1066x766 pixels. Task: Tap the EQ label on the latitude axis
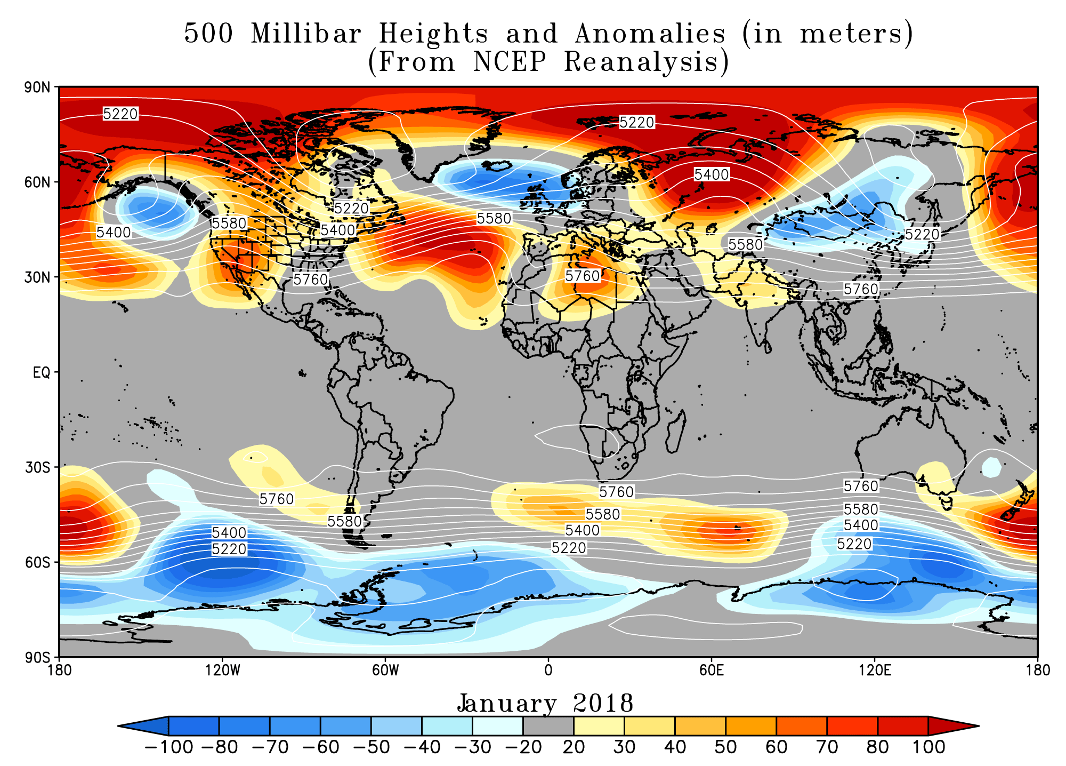pyautogui.click(x=42, y=372)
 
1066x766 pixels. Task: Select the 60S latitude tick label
pyautogui.click(x=37, y=563)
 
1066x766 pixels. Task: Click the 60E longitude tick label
pyautogui.click(x=711, y=670)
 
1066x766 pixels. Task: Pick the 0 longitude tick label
pyautogui.click(x=548, y=670)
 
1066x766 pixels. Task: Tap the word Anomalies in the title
pyautogui.click(x=650, y=34)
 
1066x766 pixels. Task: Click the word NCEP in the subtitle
pyautogui.click(x=510, y=62)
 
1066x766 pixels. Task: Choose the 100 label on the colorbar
pyautogui.click(x=928, y=747)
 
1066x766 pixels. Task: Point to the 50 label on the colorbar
pyautogui.click(x=725, y=747)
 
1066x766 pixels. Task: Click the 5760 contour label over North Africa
pyautogui.click(x=583, y=276)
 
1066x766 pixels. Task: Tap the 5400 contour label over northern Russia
pyautogui.click(x=711, y=174)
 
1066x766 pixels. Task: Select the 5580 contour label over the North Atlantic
pyautogui.click(x=494, y=218)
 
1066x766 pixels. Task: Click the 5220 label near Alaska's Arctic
pyautogui.click(x=120, y=114)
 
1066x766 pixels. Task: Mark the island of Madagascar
pyautogui.click(x=674, y=433)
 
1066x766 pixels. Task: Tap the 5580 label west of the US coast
pyautogui.click(x=229, y=223)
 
